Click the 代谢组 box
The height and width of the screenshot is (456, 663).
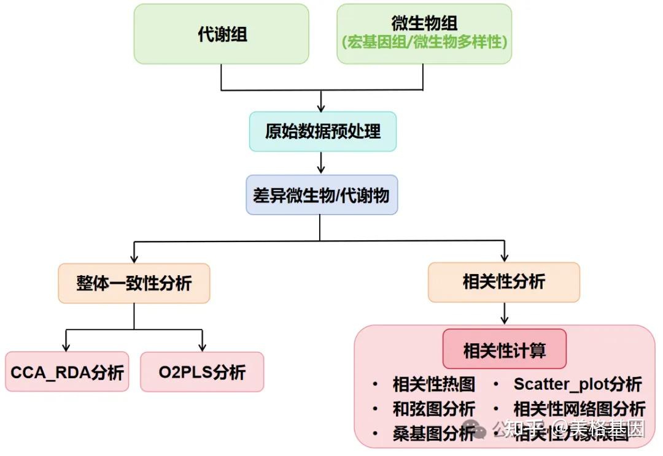(221, 34)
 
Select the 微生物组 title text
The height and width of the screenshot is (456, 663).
(424, 23)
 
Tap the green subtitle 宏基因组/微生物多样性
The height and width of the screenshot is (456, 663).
(424, 43)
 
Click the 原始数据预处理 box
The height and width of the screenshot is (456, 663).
(322, 132)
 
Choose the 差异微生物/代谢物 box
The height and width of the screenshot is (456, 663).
(322, 195)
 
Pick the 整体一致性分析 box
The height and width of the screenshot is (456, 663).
(134, 283)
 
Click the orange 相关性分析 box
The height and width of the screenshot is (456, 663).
(503, 282)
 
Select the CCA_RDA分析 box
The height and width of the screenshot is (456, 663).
(67, 372)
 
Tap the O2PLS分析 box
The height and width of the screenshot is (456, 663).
(202, 372)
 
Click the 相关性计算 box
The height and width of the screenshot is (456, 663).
(504, 351)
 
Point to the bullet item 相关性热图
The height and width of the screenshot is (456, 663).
(433, 384)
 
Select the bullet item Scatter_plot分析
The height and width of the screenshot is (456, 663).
(577, 384)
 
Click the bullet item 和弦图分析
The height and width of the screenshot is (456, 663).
(433, 409)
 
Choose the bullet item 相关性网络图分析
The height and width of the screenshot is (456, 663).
(579, 409)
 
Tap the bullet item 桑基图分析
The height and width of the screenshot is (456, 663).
(433, 433)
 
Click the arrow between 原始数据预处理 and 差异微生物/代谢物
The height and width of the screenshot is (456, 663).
(320, 163)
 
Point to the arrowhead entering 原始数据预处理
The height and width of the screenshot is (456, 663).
(320, 107)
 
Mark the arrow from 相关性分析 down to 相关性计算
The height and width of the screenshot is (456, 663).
(504, 313)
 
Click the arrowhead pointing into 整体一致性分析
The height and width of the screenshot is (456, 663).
(134, 259)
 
